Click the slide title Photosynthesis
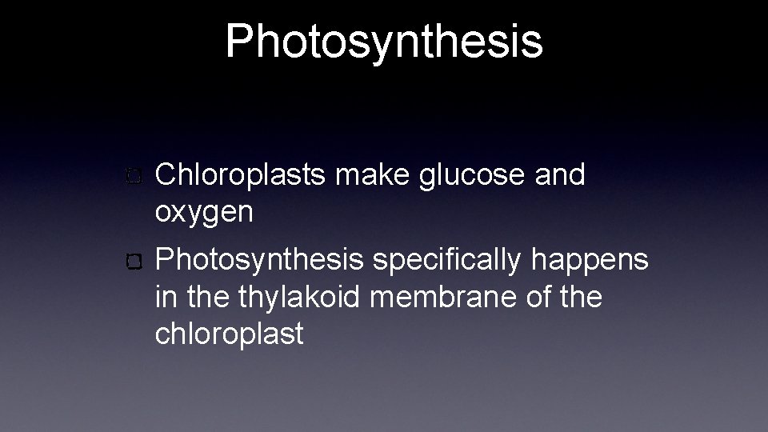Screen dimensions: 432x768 [384, 41]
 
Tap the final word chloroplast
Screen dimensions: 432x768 [230, 334]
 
